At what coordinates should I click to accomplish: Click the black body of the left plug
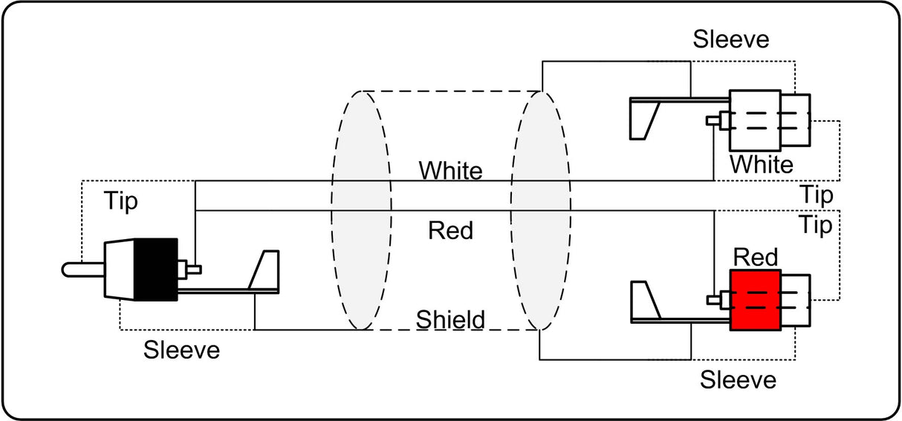[156, 270]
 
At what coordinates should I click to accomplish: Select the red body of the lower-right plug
[756, 300]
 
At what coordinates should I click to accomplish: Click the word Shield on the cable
[450, 319]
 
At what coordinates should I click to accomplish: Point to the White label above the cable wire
[450, 171]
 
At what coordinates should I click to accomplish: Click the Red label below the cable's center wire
[450, 231]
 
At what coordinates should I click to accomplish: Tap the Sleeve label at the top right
[731, 39]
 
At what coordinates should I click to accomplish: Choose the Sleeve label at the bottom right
[738, 379]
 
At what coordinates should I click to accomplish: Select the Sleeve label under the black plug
[181, 350]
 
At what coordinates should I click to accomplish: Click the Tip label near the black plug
[121, 201]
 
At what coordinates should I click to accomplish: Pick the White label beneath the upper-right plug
[762, 165]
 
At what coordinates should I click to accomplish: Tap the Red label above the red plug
[756, 257]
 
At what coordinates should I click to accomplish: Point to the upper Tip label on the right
[817, 195]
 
